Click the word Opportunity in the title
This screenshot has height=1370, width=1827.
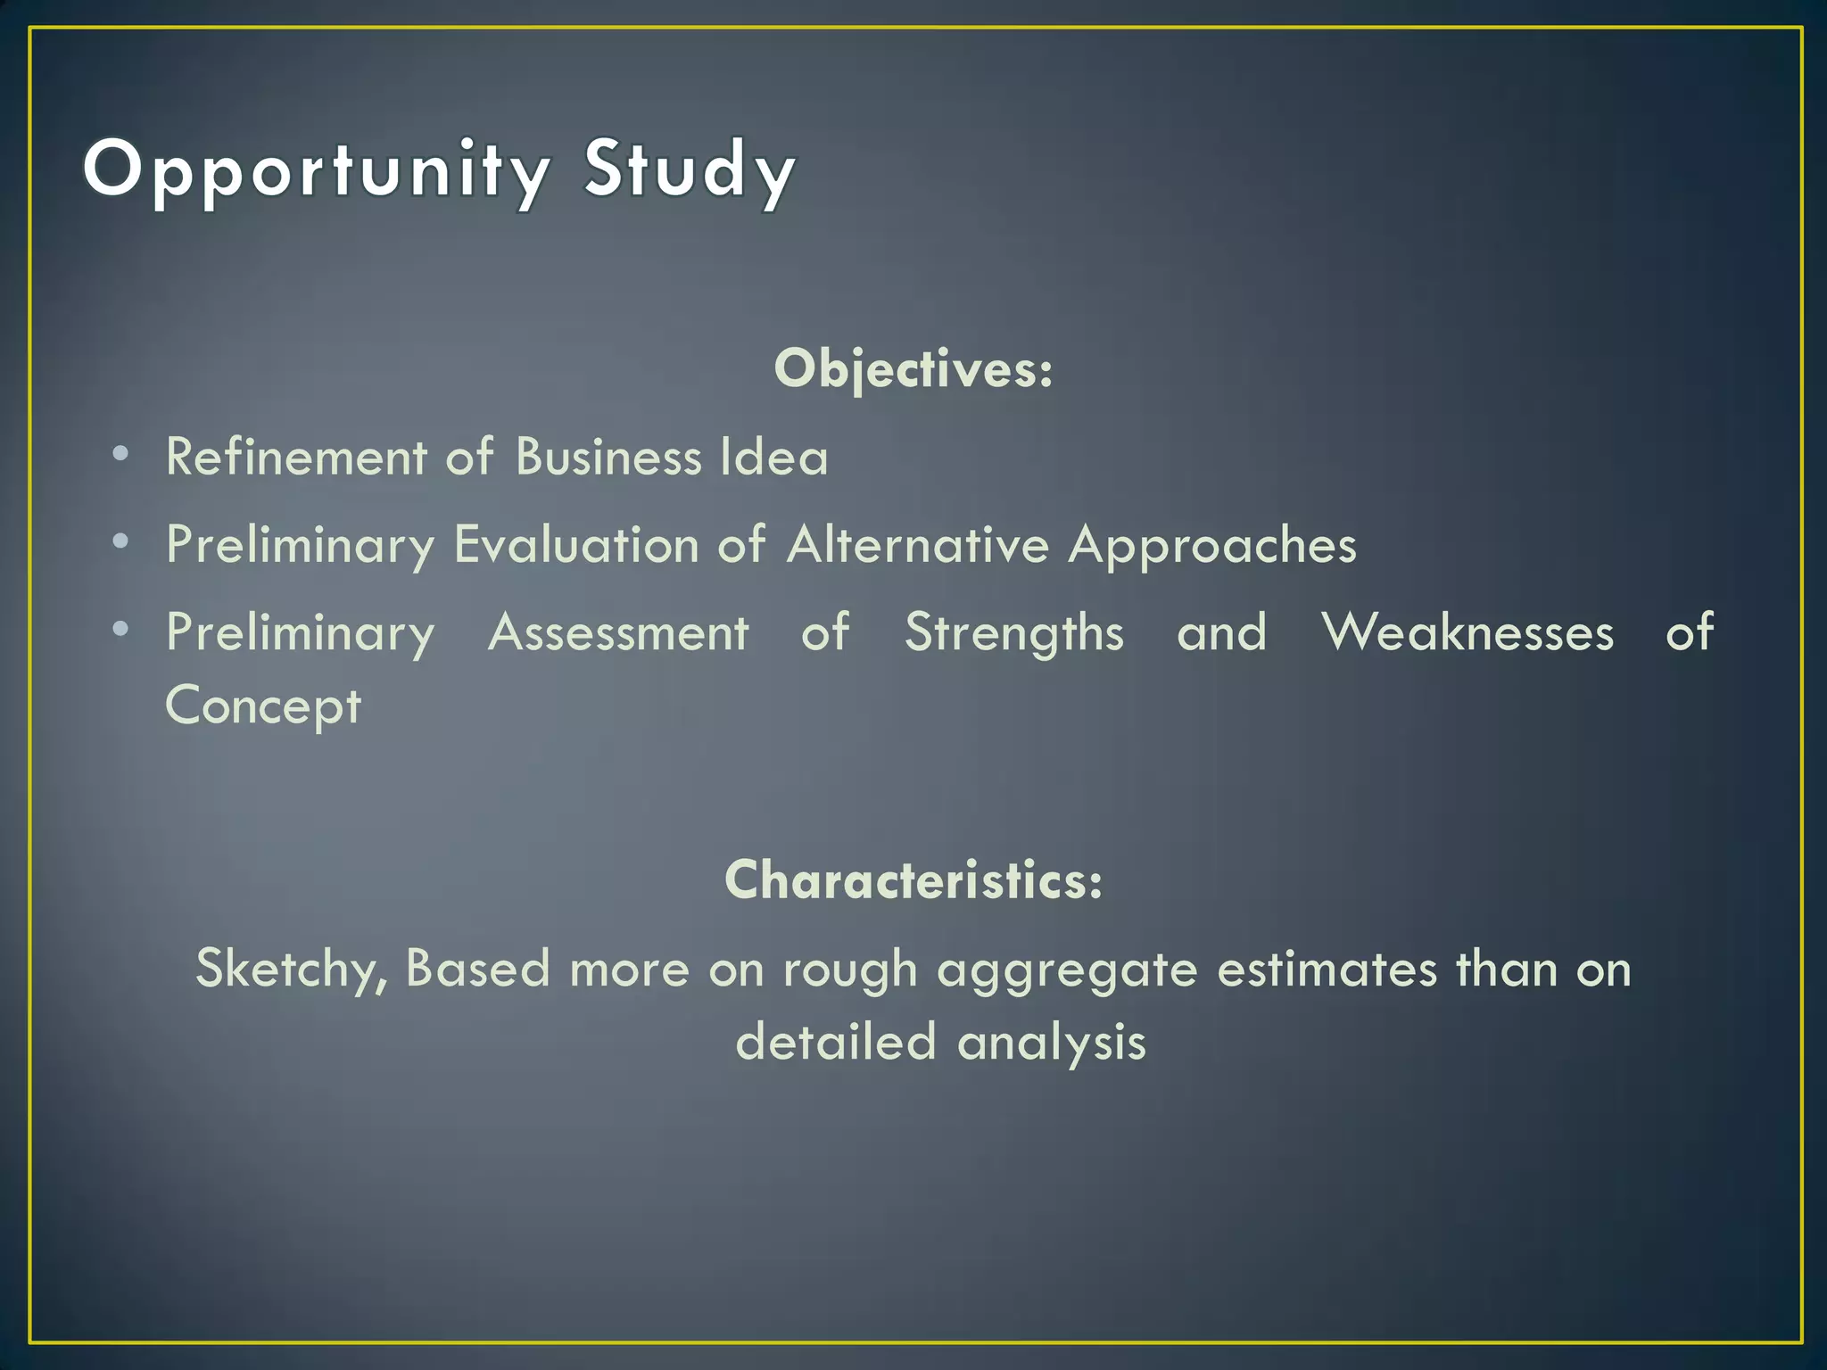point(317,170)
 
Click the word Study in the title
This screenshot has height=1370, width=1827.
point(689,170)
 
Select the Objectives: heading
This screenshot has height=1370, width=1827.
point(913,368)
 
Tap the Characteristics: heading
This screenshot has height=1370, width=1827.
point(913,879)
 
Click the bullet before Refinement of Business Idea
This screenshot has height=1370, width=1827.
point(121,454)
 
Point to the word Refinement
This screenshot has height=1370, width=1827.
point(297,458)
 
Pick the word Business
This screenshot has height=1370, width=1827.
point(608,458)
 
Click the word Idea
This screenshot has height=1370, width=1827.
point(774,458)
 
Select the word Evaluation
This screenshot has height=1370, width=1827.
point(576,545)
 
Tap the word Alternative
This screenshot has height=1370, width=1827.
point(918,545)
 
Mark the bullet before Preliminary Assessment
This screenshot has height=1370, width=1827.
point(121,630)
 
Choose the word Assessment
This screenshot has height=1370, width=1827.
point(618,633)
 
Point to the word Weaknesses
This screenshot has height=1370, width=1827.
point(1467,633)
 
